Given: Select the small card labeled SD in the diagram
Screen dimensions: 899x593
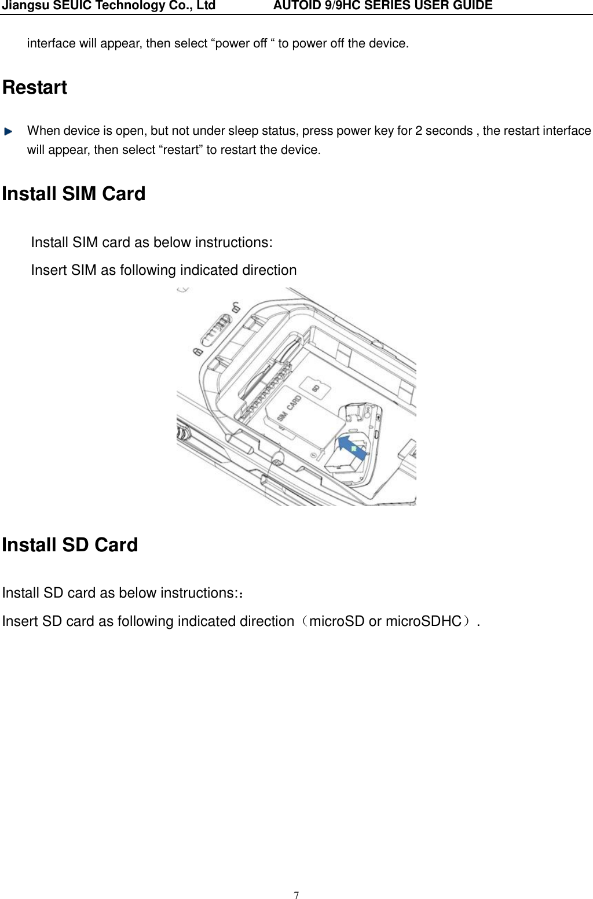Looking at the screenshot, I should pyautogui.click(x=316, y=388).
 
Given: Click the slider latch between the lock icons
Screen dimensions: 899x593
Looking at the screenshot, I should pyautogui.click(x=216, y=330).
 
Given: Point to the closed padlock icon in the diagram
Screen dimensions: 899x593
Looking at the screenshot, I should pyautogui.click(x=197, y=352).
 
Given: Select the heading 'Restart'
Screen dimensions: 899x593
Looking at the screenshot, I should pyautogui.click(x=35, y=87).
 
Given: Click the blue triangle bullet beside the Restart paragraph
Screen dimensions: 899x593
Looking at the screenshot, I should pyautogui.click(x=8, y=131).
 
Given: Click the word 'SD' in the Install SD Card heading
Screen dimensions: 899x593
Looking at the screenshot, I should pyautogui.click(x=75, y=545).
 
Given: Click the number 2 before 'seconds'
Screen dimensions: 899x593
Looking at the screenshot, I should pyautogui.click(x=419, y=131).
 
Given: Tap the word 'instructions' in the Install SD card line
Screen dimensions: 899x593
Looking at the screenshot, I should pyautogui.click(x=197, y=593).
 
